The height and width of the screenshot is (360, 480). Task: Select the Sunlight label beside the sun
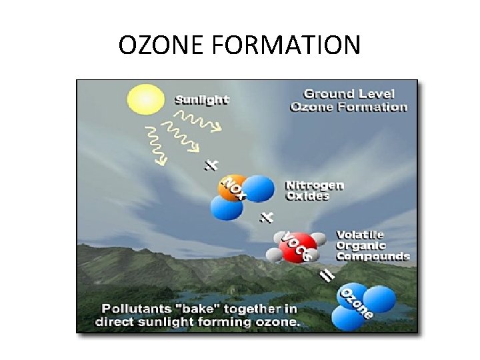coord(202,100)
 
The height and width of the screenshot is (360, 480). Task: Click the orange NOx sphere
coord(233,188)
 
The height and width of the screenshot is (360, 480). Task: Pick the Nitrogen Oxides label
coord(315,190)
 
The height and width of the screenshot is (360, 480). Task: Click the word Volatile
coord(360,235)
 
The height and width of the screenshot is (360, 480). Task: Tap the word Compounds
coord(373,256)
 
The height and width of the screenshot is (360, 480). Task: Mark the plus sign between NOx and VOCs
coord(267,217)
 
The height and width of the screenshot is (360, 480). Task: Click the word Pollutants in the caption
coord(132,309)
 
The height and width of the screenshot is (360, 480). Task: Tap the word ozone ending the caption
coord(281,321)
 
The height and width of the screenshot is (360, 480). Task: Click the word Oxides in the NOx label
coord(307,196)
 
